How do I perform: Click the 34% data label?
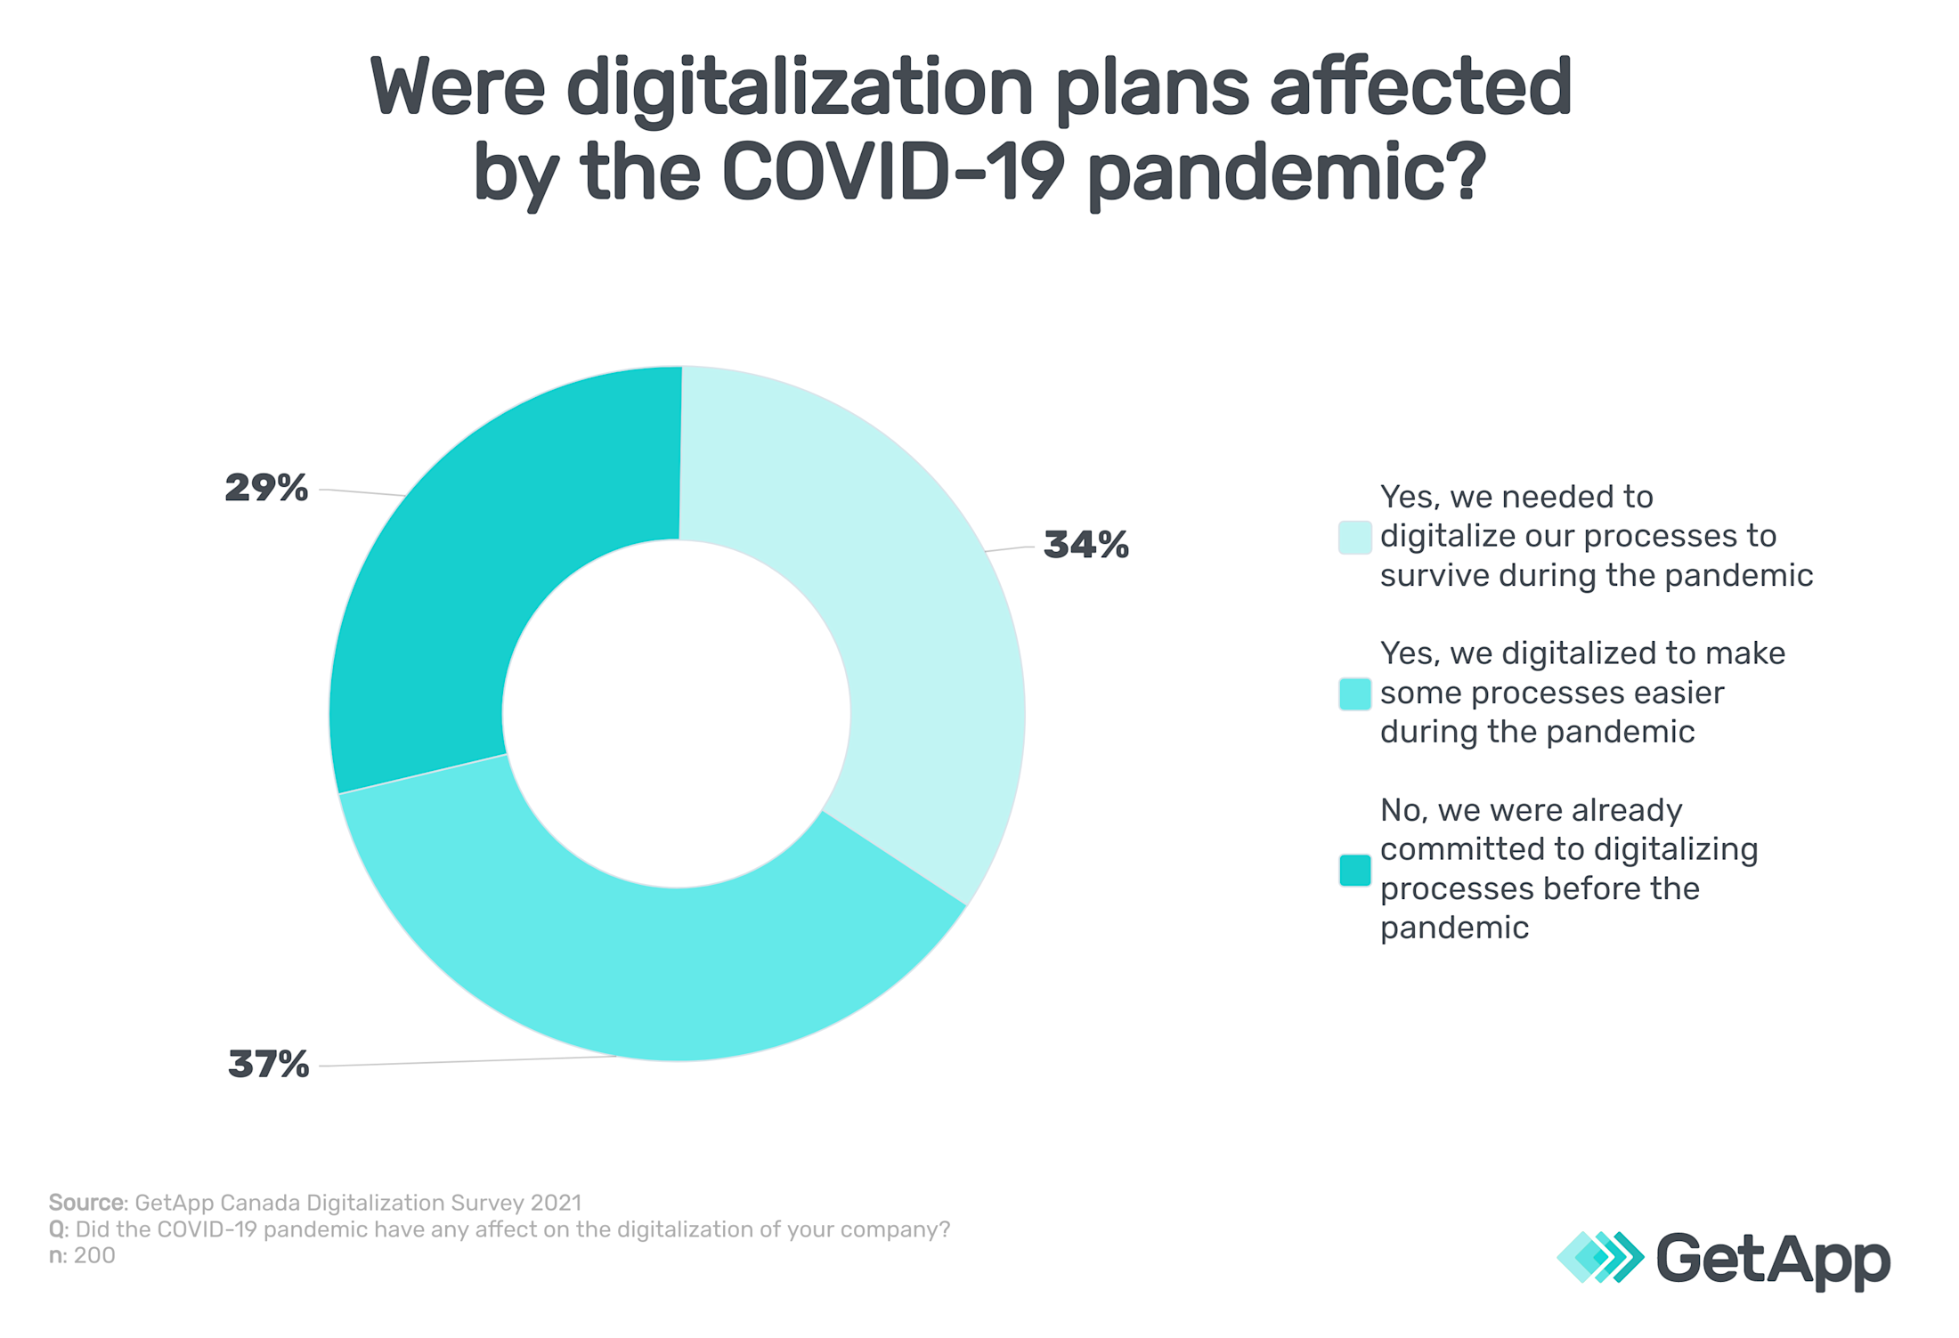1085,545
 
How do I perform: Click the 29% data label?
266,488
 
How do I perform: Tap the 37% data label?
268,1064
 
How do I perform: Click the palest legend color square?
1354,538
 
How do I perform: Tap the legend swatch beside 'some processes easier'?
1354,693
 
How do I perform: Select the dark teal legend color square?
1354,870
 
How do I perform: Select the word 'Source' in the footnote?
86,1203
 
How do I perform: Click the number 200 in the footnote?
94,1256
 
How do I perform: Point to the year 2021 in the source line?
555,1203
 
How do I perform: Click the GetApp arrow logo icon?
1600,1257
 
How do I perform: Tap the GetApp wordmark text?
1772,1259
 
